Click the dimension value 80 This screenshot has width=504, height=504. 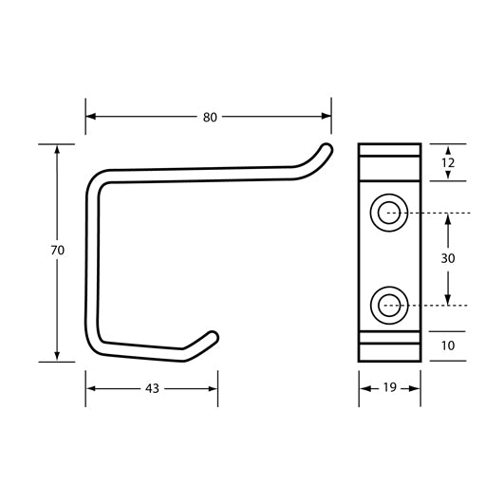[x=210, y=117]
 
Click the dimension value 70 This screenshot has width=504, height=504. [x=57, y=251]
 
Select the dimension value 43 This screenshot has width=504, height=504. [x=153, y=388]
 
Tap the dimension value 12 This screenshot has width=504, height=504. [x=448, y=163]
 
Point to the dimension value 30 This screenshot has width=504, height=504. [x=448, y=258]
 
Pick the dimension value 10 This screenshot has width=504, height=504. [x=448, y=345]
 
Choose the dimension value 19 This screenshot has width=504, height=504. [x=390, y=388]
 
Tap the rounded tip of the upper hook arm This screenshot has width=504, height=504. [x=326, y=149]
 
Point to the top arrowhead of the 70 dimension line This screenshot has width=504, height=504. [x=57, y=150]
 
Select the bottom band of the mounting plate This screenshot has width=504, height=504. [x=389, y=345]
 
